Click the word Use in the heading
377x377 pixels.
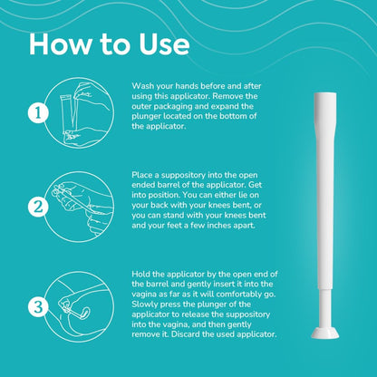(164, 44)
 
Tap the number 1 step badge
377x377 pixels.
(38, 113)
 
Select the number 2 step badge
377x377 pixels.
(38, 208)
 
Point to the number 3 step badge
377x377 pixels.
(38, 307)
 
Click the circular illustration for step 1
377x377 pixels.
(79, 113)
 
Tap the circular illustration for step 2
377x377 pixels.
(79, 208)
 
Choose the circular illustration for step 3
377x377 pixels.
(79, 307)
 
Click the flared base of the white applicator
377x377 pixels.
(325, 333)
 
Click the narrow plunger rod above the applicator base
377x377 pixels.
(325, 309)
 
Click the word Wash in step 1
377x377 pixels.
(142, 86)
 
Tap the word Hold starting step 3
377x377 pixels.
(141, 275)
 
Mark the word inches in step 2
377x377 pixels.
(211, 226)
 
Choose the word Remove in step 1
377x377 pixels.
(228, 96)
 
